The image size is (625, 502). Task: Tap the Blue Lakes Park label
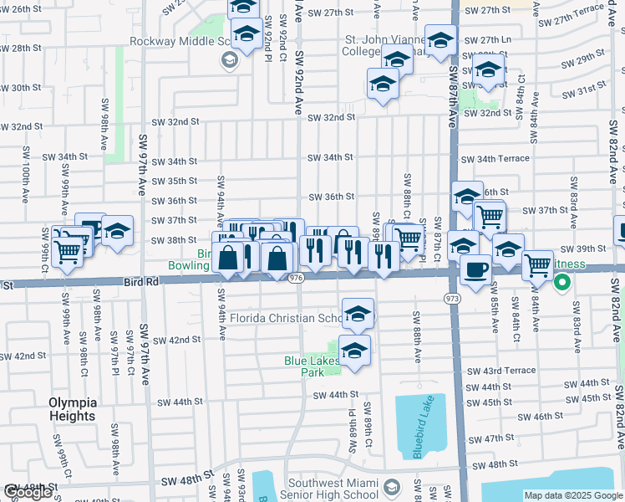(311, 366)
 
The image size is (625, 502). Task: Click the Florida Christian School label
(284, 318)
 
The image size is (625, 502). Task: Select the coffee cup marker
(475, 271)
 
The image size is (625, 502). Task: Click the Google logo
(28, 493)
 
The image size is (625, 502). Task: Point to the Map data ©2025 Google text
(572, 495)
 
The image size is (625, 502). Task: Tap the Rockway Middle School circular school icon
(228, 59)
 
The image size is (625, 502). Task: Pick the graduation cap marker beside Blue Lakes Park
(354, 350)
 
